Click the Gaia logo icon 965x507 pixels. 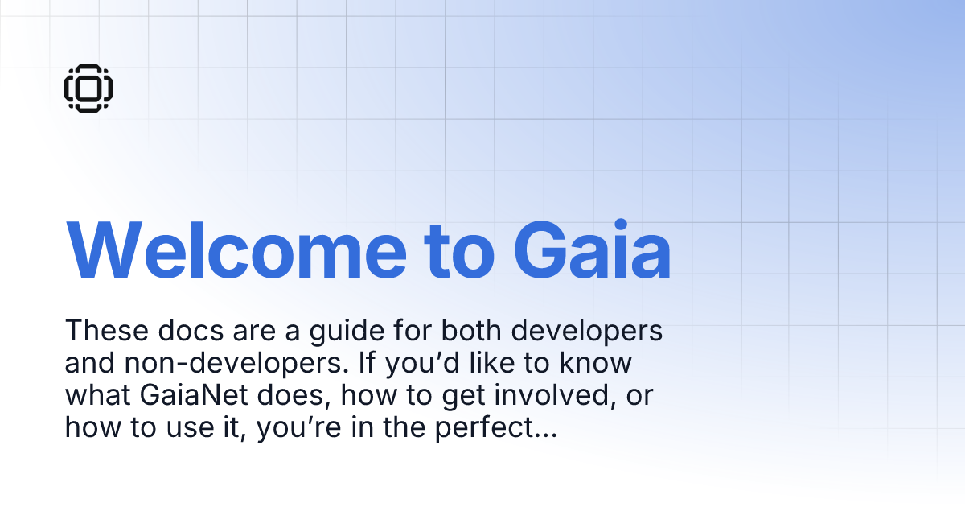click(88, 88)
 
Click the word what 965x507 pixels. click(97, 396)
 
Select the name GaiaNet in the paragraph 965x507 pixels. click(192, 396)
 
